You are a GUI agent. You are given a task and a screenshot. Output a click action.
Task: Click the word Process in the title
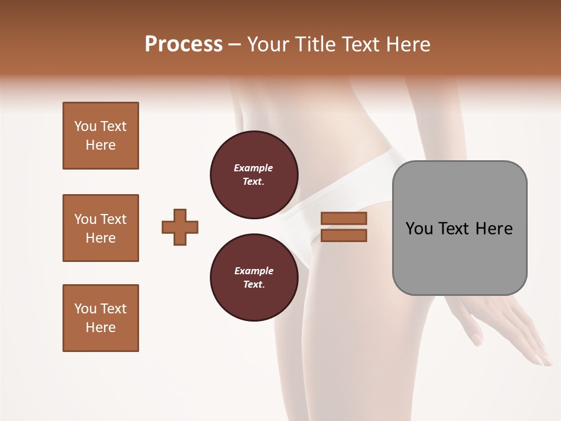(183, 44)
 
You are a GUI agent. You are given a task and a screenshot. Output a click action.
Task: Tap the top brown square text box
(101, 136)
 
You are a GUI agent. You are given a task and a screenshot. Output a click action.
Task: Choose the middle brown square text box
(101, 228)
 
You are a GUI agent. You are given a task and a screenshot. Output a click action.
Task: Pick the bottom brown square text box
(101, 318)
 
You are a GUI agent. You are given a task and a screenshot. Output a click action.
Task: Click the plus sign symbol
(180, 227)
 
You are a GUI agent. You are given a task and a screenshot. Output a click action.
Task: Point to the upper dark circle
(254, 175)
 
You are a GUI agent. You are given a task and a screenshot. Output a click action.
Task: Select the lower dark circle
(254, 278)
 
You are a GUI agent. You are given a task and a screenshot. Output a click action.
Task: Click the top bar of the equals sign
(344, 219)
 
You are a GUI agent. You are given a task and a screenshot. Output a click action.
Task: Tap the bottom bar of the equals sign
(344, 235)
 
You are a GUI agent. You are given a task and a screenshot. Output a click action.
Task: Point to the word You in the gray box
(419, 229)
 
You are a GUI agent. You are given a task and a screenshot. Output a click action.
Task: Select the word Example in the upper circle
(254, 168)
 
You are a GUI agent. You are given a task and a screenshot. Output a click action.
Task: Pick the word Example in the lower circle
(254, 271)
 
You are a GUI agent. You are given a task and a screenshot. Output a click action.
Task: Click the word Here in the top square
(101, 145)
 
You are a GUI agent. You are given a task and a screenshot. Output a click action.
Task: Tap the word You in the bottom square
(85, 309)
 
